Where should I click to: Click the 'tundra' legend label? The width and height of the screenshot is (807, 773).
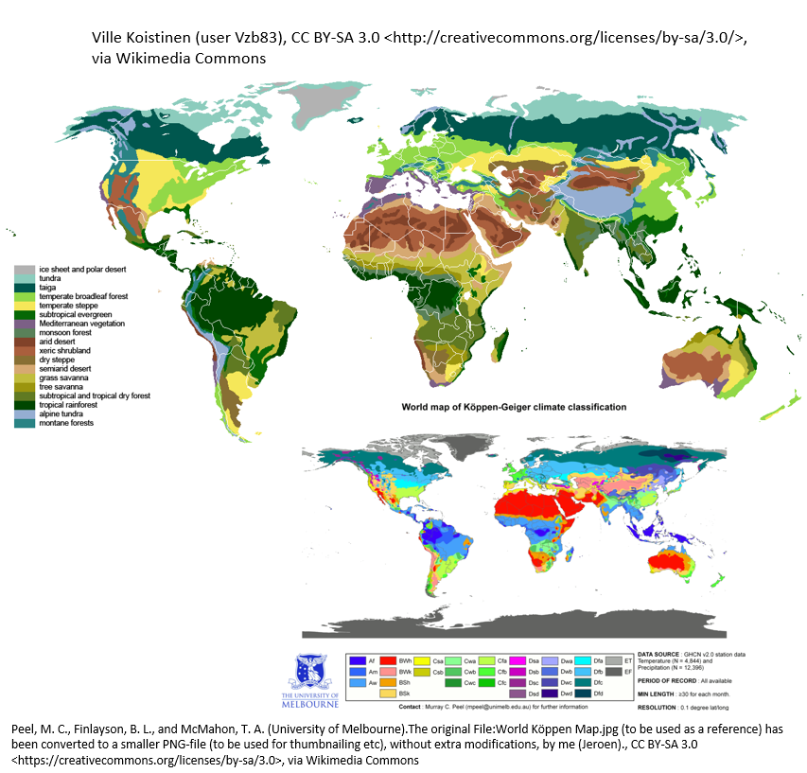pos(49,279)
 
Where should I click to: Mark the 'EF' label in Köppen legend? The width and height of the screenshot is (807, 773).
pos(628,671)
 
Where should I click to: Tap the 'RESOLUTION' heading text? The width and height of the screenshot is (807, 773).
pos(661,707)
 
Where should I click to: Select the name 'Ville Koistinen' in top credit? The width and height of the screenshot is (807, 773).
pos(139,38)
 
